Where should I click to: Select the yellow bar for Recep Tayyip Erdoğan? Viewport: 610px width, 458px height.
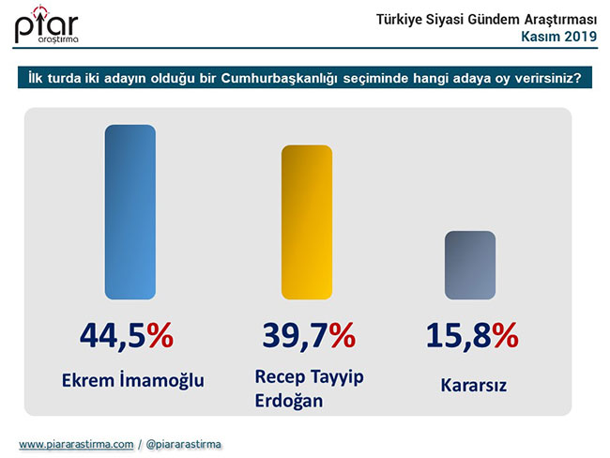[307, 224]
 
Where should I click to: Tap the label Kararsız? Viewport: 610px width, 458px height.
[468, 384]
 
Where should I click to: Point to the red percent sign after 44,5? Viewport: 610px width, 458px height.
[160, 336]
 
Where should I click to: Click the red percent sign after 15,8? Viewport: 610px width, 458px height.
[506, 336]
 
